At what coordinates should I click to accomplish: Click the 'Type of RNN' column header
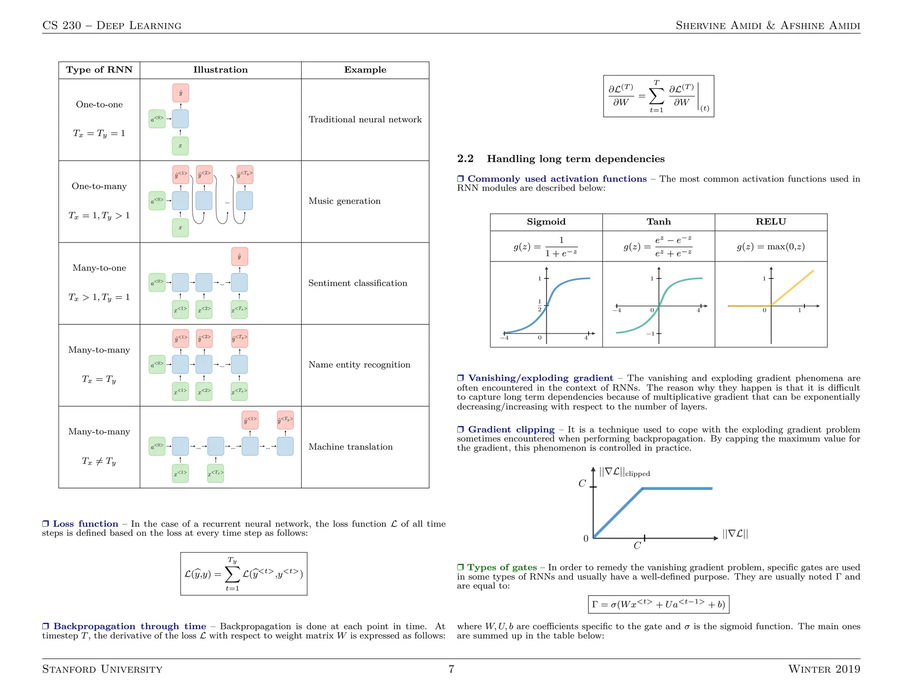(99, 70)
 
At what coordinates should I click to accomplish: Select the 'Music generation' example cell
(344, 201)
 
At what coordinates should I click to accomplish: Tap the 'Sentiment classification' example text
(357, 283)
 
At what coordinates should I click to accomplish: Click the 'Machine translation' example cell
(350, 447)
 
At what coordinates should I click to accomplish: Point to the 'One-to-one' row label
(99, 105)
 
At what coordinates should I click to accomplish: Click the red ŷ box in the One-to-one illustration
(180, 93)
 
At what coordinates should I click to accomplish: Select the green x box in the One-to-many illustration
(180, 228)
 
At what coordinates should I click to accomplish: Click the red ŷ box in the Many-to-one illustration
(239, 257)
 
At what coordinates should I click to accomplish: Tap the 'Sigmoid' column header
(546, 222)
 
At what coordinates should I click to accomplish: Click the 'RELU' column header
(771, 222)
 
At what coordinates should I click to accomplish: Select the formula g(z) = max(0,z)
(771, 247)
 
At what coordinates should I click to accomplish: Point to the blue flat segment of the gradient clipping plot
(677, 488)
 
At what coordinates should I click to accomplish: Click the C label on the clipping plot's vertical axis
(582, 484)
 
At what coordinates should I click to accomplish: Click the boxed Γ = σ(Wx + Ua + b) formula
(658, 604)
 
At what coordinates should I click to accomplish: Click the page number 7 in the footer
(451, 669)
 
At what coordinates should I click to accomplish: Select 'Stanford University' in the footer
(102, 669)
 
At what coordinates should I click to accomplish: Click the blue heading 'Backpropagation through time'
(129, 627)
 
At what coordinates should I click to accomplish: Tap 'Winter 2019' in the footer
(824, 669)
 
